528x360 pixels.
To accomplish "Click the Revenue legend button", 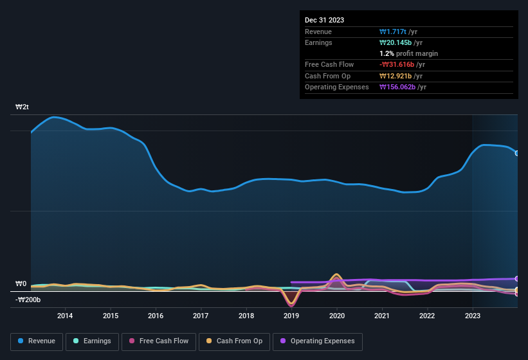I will point(37,341).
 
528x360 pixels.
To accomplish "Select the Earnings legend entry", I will point(93,341).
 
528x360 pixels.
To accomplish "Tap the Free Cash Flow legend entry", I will point(159,341).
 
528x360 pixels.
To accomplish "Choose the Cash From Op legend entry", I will point(234,341).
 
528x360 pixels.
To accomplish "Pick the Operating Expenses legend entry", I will point(318,341).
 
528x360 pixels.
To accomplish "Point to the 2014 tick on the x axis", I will point(64,316).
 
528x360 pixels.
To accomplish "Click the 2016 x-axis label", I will point(155,316).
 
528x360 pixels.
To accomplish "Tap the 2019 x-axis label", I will point(291,316).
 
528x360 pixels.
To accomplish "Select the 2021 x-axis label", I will point(382,316).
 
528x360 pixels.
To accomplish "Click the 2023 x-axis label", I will point(473,316).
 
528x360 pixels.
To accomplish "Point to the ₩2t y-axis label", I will point(23,107).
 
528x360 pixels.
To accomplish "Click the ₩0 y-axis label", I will point(21,283).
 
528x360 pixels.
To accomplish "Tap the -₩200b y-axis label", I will point(28,300).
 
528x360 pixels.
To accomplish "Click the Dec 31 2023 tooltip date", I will point(324,20).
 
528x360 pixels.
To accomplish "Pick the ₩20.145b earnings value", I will point(398,42).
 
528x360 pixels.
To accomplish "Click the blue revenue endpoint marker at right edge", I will point(517,153).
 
